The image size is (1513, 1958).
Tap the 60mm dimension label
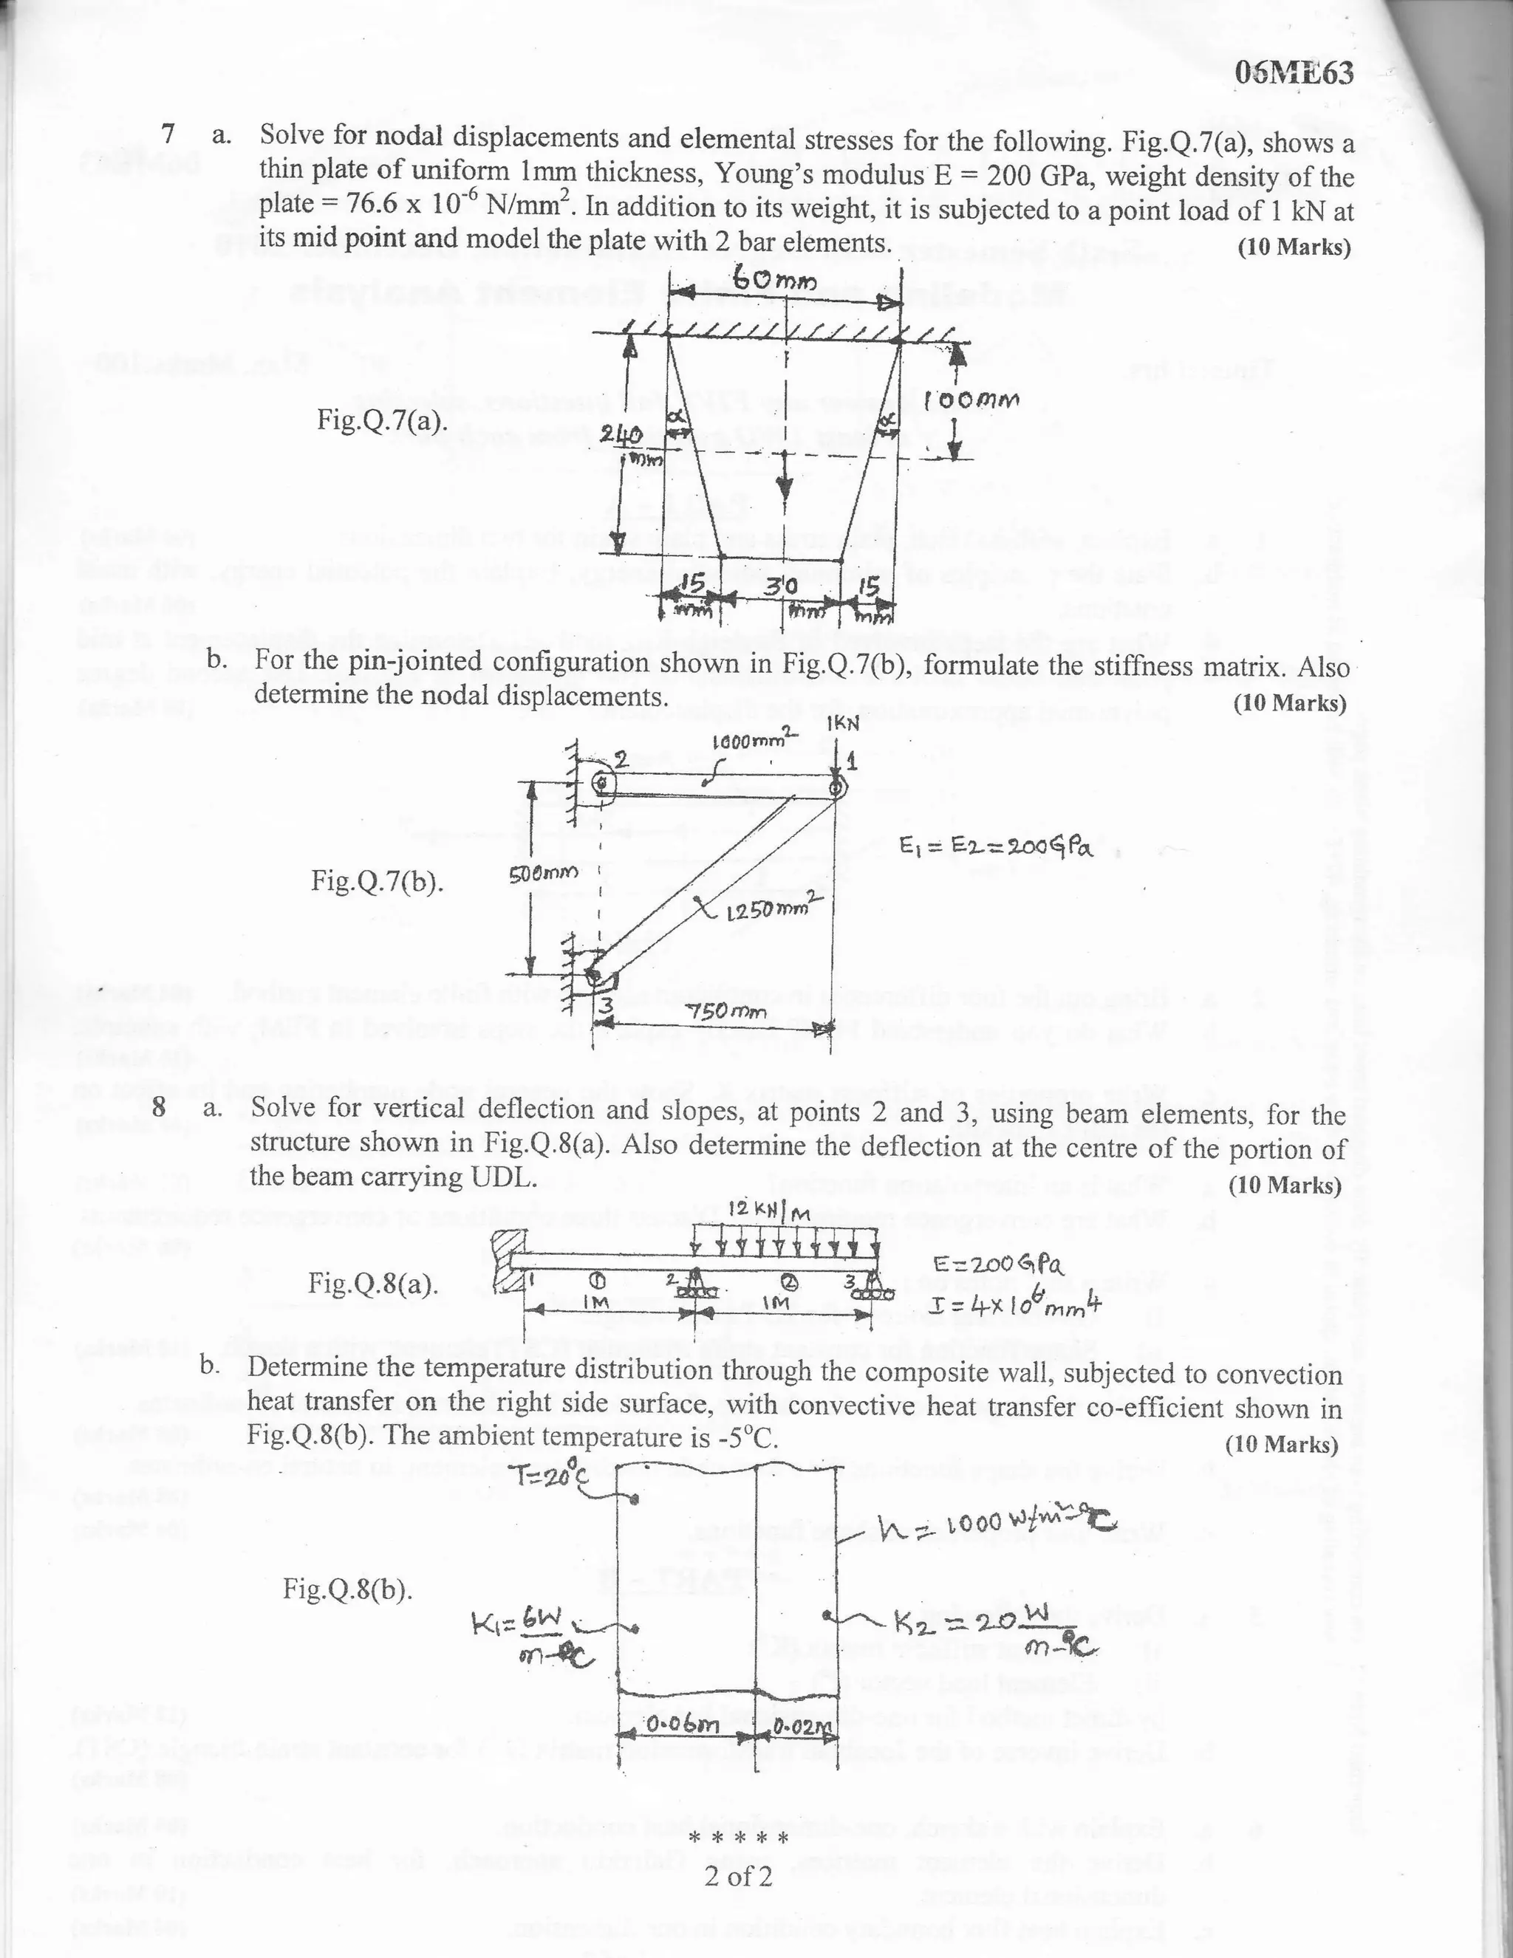click(x=776, y=281)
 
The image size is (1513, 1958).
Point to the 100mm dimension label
click(x=973, y=399)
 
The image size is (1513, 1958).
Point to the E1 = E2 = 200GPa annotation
click(x=996, y=846)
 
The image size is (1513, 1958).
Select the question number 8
click(x=159, y=1107)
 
